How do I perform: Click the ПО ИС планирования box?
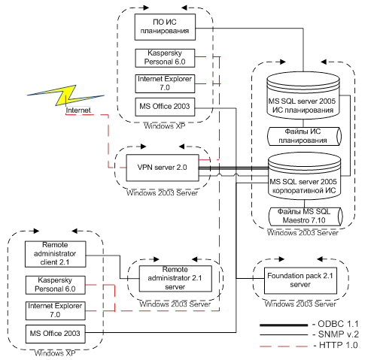tap(165, 27)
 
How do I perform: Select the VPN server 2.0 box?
tap(163, 168)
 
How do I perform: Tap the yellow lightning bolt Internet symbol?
tap(65, 95)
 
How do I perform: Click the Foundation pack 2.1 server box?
tap(300, 280)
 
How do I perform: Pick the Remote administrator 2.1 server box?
tap(175, 278)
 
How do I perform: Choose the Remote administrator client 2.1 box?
tap(55, 254)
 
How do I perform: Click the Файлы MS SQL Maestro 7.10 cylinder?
tap(306, 216)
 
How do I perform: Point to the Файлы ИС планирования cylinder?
tap(304, 136)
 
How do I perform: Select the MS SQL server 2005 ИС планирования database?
tap(303, 96)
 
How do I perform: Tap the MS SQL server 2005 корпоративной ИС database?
tap(304, 176)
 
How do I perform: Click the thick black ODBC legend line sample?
tap(284, 325)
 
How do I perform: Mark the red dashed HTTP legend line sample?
tap(284, 346)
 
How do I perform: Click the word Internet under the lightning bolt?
tap(78, 110)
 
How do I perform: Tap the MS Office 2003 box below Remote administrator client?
tap(55, 334)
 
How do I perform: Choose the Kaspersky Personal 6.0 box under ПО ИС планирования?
tap(165, 58)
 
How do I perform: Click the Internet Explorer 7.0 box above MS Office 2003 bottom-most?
tap(55, 310)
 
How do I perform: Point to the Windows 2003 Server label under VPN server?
tap(162, 193)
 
